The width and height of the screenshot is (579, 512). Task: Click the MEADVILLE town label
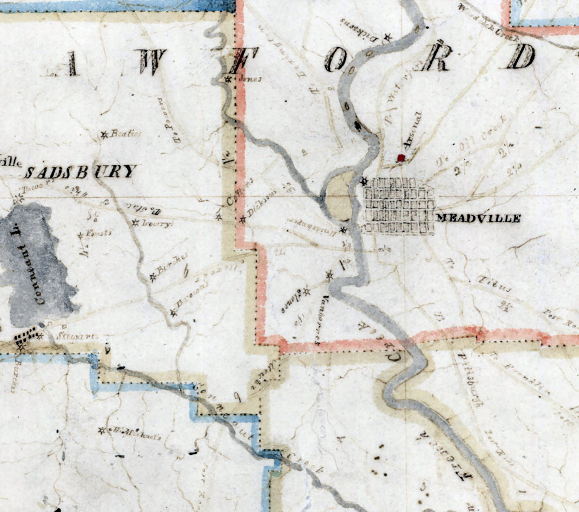point(478,218)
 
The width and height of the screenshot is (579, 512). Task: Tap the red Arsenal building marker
point(401,158)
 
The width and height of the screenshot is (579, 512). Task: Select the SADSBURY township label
point(81,172)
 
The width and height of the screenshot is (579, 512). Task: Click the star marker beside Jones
point(229,80)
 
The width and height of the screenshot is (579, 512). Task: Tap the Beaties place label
point(126,134)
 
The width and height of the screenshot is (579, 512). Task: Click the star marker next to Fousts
point(81,235)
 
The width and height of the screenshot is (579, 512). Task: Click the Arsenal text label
point(413,130)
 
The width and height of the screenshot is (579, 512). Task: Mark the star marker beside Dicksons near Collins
point(243,219)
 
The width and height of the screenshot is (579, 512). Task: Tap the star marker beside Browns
point(174,313)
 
